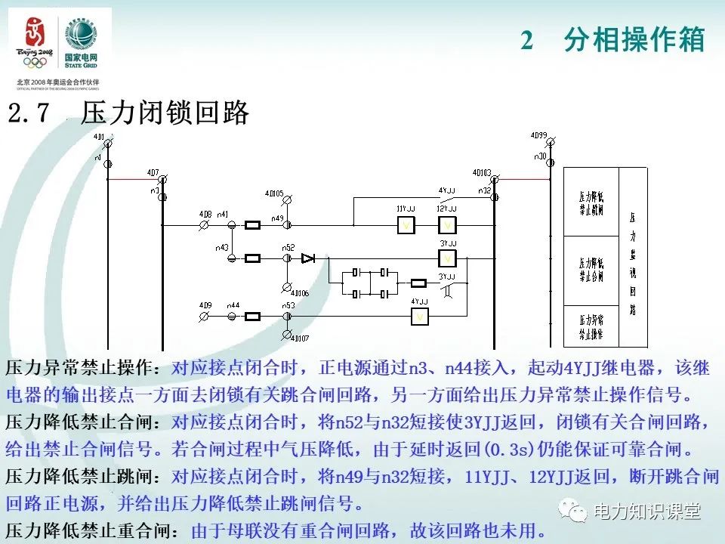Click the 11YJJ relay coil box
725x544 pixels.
(406, 225)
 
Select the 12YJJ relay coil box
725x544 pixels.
(447, 225)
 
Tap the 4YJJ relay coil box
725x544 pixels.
(420, 317)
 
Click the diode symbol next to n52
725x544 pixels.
(308, 258)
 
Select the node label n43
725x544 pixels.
(221, 248)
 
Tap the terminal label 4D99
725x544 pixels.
(538, 135)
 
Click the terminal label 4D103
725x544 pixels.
(481, 172)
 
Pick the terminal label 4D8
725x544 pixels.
(205, 215)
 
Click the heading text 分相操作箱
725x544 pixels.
(634, 40)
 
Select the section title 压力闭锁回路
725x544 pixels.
(165, 113)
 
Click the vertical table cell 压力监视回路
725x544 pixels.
(632, 257)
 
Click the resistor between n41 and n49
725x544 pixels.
(253, 225)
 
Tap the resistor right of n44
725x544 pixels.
(253, 317)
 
